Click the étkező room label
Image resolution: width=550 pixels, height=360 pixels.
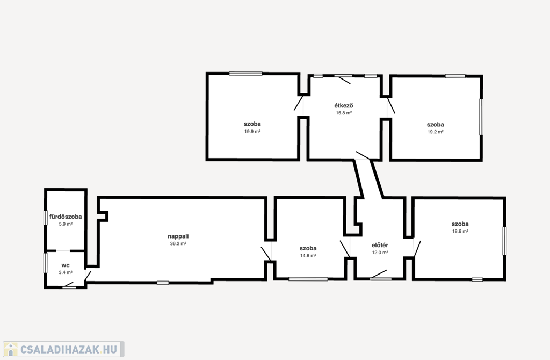coord(343,105)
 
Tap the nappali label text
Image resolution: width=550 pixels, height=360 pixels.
coord(178,236)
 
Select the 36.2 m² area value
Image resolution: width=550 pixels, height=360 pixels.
coord(178,243)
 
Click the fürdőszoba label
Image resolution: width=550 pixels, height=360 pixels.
coord(66,217)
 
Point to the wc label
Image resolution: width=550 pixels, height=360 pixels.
coord(66,265)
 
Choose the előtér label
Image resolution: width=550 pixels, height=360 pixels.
coord(380,245)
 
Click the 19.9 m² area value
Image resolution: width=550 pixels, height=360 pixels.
coord(252,132)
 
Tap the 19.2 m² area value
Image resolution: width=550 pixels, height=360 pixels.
coord(435,132)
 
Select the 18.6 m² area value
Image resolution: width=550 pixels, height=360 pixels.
coord(460,231)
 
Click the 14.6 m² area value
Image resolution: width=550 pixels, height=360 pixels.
coord(308,256)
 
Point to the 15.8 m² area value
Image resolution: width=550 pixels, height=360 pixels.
coord(344,113)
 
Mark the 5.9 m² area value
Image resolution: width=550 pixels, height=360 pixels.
coord(66,224)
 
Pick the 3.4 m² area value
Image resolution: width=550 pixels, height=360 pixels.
coord(66,272)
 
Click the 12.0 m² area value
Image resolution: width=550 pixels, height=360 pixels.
coord(380,253)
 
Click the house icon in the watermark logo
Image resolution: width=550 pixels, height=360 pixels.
coord(11,349)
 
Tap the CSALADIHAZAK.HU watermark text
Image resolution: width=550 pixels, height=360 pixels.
coord(69,349)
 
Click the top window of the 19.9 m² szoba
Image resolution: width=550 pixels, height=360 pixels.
coord(245,74)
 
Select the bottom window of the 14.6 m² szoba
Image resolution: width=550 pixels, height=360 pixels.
coord(308,279)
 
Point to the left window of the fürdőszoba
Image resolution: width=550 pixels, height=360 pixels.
coord(45,218)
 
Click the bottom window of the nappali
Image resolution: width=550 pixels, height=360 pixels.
coord(163,283)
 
